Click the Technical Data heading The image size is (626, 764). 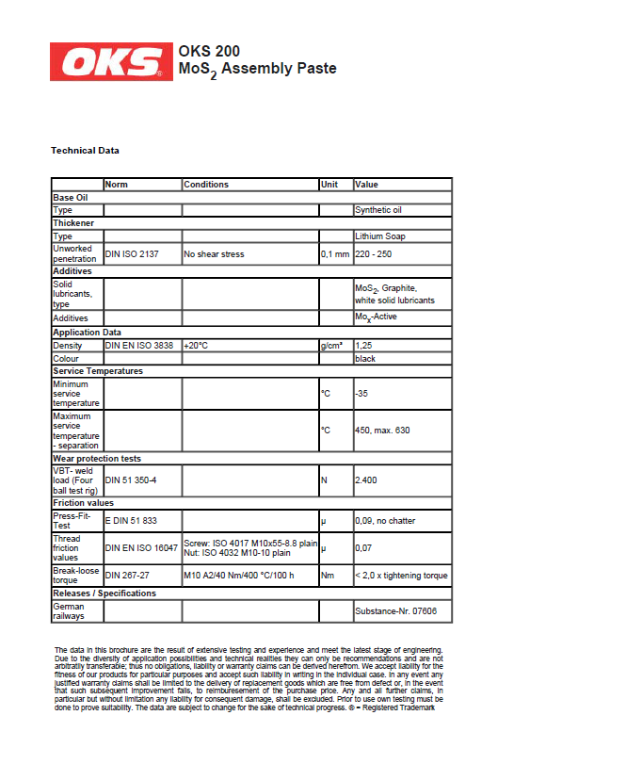[x=85, y=150]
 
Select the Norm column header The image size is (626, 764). [x=117, y=185]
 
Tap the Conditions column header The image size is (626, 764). [x=206, y=185]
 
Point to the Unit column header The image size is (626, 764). [x=329, y=185]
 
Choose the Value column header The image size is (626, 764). [x=366, y=185]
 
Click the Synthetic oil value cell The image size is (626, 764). [x=378, y=210]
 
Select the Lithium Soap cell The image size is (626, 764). [x=380, y=236]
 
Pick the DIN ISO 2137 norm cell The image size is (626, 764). [x=132, y=254]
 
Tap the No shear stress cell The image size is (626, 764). [x=214, y=254]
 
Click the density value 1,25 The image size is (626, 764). [x=363, y=346]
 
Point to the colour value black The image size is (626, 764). [x=365, y=359]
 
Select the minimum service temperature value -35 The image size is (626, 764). [x=361, y=393]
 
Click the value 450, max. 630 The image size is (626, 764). [x=382, y=430]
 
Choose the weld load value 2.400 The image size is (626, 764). [x=365, y=480]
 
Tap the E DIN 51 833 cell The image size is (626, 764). [x=131, y=520]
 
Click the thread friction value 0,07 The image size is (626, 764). [x=363, y=547]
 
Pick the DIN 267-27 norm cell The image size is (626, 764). [x=127, y=576]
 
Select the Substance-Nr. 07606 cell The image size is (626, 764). [x=389, y=611]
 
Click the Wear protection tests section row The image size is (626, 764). [x=97, y=459]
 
